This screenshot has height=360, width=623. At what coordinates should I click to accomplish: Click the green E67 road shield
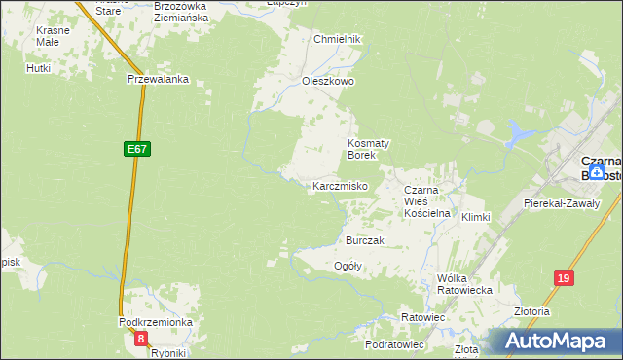coord(136,149)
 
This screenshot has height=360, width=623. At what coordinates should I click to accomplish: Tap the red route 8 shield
coord(142,339)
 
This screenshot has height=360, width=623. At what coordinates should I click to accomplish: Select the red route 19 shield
coord(563,278)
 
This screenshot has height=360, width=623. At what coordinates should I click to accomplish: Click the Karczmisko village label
coord(339,185)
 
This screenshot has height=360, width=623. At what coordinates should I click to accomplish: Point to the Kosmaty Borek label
coord(369,148)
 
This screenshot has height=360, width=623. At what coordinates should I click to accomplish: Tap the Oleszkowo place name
coord(328,82)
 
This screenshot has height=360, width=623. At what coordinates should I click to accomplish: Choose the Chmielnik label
coord(337,39)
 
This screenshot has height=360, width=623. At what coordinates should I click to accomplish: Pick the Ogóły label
coord(348,266)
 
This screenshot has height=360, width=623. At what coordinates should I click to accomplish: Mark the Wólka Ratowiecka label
coord(464,283)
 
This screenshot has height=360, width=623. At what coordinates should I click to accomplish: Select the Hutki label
coord(39,68)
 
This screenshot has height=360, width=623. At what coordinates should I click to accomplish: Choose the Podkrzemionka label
coord(156,322)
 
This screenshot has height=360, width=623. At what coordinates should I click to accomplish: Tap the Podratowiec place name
coord(394,344)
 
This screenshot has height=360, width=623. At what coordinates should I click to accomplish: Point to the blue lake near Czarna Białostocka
coord(522,134)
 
